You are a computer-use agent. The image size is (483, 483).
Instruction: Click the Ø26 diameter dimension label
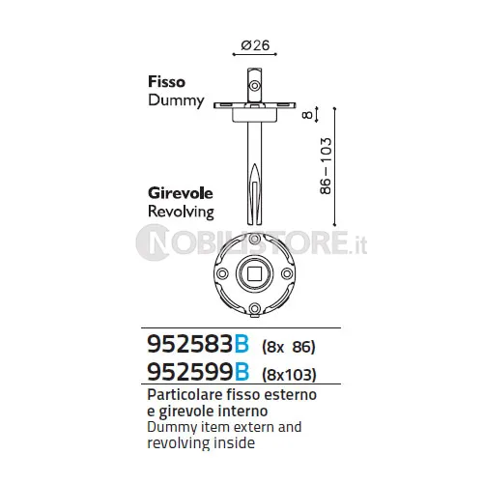pyautogui.click(x=255, y=45)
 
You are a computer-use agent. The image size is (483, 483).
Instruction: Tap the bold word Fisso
pyautogui.click(x=166, y=82)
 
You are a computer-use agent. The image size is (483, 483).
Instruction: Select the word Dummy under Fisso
pyautogui.click(x=176, y=100)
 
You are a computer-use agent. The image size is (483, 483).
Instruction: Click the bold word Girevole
pyautogui.click(x=181, y=193)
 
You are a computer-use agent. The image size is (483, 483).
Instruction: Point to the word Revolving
pyautogui.click(x=181, y=213)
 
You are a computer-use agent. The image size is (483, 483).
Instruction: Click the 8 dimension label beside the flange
pyautogui.click(x=308, y=115)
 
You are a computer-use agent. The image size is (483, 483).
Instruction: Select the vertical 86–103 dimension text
pyautogui.click(x=326, y=166)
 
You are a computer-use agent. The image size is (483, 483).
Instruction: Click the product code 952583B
pyautogui.click(x=198, y=344)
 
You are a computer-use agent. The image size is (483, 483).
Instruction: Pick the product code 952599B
pyautogui.click(x=198, y=372)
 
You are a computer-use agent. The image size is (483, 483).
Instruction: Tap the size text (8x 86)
pyautogui.click(x=289, y=347)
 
